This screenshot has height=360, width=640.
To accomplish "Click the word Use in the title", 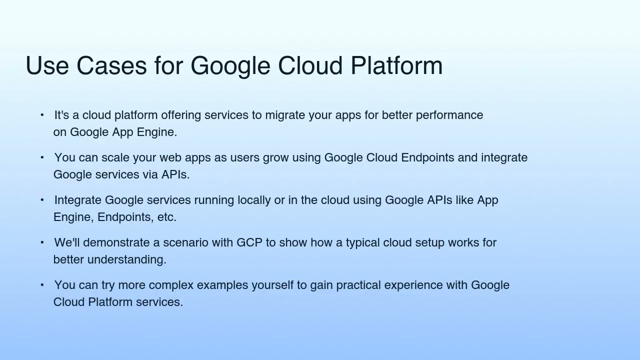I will [x=47, y=66].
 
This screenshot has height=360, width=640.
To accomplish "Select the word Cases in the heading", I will [x=111, y=66].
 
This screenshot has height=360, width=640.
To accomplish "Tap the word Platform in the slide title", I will [x=396, y=66].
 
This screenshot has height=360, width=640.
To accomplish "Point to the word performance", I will [x=449, y=115].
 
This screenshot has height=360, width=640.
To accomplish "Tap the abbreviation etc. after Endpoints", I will [x=166, y=217].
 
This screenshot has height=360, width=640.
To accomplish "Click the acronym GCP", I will [x=249, y=242].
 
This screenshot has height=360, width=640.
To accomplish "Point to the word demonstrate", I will [x=116, y=242].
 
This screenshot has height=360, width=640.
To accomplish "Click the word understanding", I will [x=126, y=260].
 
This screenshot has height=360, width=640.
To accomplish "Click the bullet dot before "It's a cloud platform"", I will [x=42, y=115].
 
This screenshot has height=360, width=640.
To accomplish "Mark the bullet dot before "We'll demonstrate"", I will [x=42, y=242].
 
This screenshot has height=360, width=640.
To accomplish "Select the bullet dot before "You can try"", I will [x=42, y=285].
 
